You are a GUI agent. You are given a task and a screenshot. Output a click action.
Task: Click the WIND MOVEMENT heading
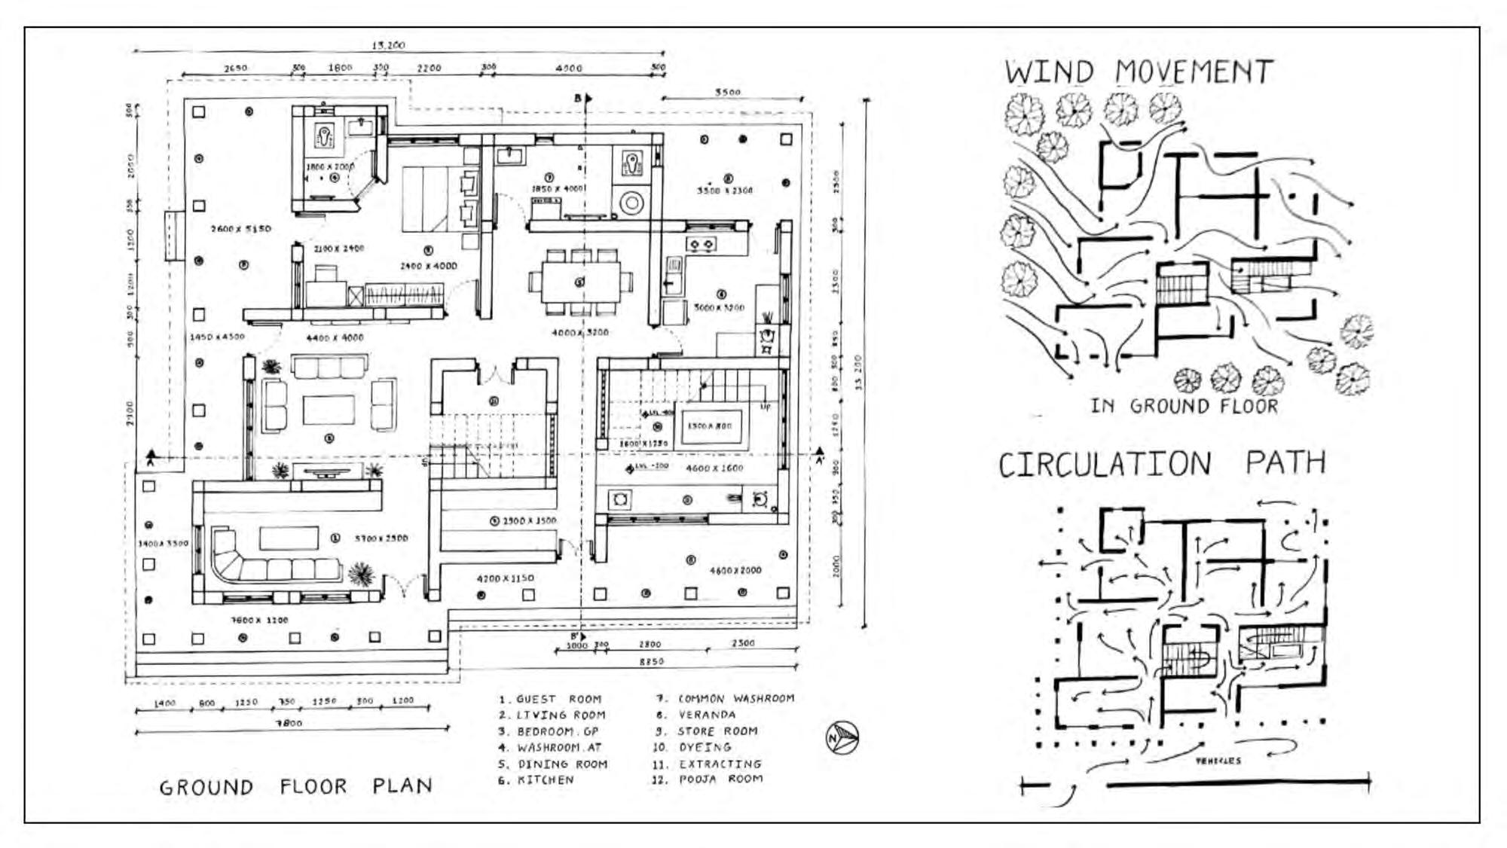[x=1138, y=72]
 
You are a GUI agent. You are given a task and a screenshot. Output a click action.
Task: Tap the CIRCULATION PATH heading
[x=1161, y=463]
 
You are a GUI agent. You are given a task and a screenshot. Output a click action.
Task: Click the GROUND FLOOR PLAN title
[x=295, y=787]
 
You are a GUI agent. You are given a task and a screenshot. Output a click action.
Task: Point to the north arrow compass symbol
[x=842, y=737]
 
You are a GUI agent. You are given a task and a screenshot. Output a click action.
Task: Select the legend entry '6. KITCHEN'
[x=535, y=780]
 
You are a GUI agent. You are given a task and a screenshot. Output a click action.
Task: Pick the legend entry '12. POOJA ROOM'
[x=708, y=779]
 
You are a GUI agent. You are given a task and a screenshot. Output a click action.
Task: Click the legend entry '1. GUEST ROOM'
[x=550, y=699]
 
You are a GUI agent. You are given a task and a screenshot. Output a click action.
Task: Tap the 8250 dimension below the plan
[x=651, y=661]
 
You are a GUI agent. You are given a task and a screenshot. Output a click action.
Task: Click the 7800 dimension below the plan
[x=289, y=723]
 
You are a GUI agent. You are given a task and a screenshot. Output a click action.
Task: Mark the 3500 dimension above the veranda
[x=727, y=92]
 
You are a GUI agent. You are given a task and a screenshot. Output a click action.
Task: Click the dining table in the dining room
[x=580, y=282]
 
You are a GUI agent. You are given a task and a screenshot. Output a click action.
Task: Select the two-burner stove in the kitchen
[x=701, y=244]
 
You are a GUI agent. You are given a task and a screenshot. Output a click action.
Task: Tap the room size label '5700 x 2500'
[x=381, y=538]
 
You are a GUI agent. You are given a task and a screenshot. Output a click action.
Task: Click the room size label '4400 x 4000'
[x=335, y=337]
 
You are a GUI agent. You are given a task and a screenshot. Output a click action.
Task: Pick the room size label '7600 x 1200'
[x=259, y=621]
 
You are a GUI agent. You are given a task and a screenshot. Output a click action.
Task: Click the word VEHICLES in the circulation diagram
[x=1218, y=761]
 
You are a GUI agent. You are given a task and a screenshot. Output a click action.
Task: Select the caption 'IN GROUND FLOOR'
[x=1185, y=407]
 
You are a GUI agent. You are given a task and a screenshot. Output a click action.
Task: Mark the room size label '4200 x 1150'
[x=505, y=578]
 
